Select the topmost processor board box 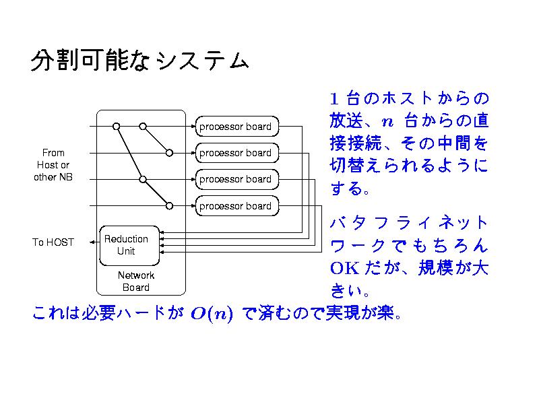(x=235, y=126)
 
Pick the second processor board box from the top (x=235, y=153)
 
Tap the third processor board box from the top (x=235, y=179)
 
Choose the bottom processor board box (x=235, y=206)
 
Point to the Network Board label (x=136, y=281)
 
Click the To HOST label (x=53, y=242)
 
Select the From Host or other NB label (x=53, y=165)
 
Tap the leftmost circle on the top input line (x=116, y=126)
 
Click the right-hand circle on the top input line (x=143, y=126)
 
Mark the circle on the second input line (x=169, y=153)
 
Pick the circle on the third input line (x=143, y=179)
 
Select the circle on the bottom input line (x=169, y=206)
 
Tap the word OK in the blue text (x=344, y=267)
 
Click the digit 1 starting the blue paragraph (x=335, y=99)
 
